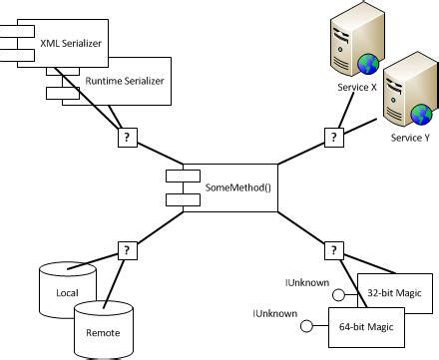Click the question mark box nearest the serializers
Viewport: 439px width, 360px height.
[127, 138]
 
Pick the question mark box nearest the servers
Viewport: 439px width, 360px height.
[332, 138]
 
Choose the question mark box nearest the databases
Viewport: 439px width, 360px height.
[127, 249]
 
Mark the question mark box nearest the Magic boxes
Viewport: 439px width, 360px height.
[332, 249]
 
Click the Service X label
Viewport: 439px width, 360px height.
[357, 88]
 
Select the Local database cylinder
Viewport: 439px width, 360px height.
[67, 289]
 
